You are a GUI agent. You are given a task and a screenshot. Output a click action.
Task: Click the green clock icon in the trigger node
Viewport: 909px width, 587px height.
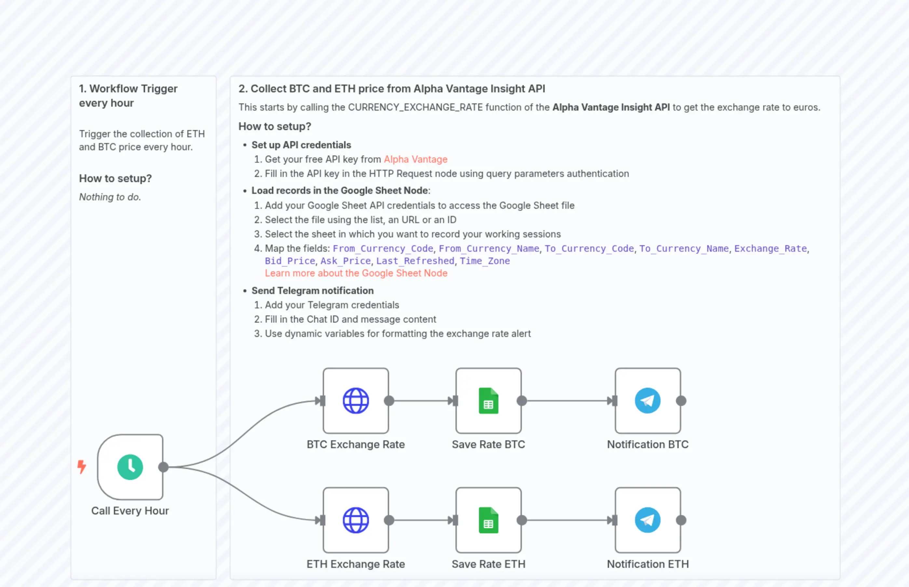[130, 467]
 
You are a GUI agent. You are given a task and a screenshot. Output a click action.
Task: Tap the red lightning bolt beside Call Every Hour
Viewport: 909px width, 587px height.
[82, 467]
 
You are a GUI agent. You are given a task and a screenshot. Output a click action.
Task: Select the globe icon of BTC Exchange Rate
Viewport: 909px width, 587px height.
[355, 401]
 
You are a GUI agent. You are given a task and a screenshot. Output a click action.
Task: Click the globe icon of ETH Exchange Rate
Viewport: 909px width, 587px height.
[355, 520]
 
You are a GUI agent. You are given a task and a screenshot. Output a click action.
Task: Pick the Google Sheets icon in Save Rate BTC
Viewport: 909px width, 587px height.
[488, 401]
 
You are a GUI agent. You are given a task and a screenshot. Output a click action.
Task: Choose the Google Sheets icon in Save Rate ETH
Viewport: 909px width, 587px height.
[488, 520]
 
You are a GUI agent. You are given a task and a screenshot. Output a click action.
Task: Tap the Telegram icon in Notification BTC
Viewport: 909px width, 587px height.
[647, 401]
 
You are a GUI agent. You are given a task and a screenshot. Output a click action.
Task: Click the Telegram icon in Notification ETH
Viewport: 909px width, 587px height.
[647, 520]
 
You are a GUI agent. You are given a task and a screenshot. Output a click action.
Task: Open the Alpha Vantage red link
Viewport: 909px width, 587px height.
[415, 159]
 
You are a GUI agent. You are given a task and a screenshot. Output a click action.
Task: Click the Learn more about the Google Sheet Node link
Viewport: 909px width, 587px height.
[356, 273]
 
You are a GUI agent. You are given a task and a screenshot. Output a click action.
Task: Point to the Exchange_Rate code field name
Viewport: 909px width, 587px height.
[770, 248]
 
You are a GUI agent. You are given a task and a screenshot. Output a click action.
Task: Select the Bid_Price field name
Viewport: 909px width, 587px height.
[290, 261]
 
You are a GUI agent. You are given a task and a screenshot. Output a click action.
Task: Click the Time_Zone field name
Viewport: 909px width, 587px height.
[485, 261]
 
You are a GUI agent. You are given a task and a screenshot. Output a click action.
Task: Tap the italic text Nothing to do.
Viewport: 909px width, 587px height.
[110, 197]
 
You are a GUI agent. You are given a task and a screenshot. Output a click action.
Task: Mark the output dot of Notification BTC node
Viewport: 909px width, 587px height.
[681, 401]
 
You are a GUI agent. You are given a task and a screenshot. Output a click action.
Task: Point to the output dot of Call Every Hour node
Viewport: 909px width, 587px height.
[163, 467]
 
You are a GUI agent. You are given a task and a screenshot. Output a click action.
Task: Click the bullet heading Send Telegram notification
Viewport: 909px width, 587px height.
[312, 291]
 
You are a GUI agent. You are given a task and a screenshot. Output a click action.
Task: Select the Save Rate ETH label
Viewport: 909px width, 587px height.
[488, 564]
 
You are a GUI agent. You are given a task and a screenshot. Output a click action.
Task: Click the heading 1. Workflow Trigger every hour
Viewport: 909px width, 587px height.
[128, 96]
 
